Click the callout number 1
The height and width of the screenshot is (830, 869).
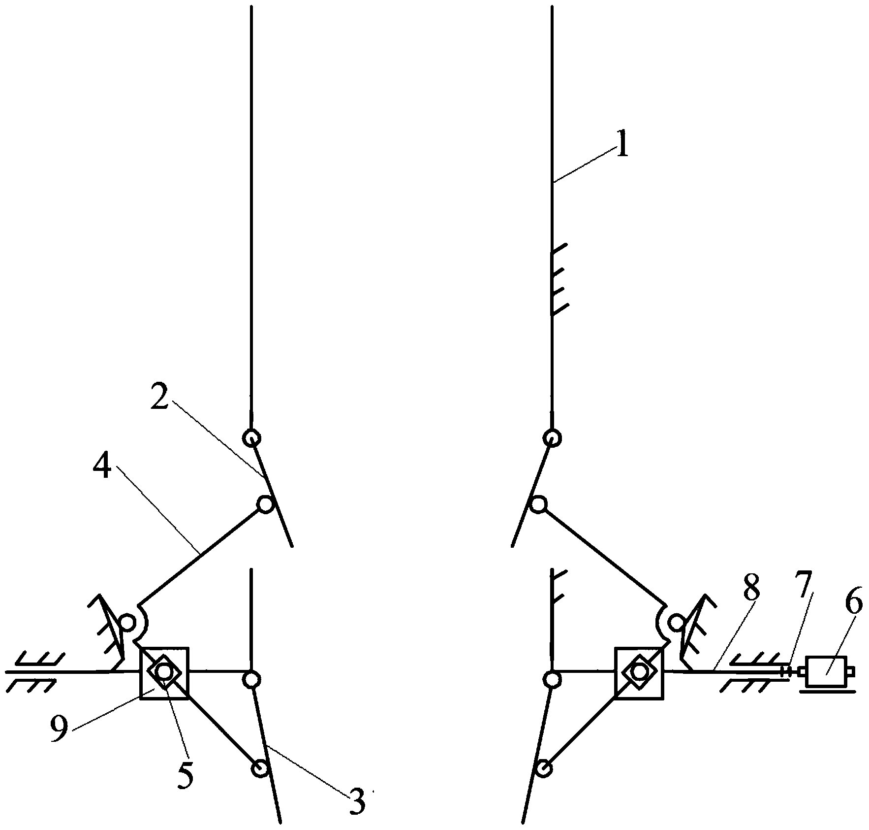click(x=622, y=146)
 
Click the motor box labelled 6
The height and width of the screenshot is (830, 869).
click(x=826, y=671)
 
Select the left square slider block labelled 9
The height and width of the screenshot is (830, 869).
click(x=164, y=671)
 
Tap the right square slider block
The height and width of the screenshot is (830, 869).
click(x=639, y=672)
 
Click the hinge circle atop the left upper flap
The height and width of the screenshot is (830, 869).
click(x=251, y=437)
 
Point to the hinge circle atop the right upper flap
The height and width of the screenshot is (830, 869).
click(x=553, y=437)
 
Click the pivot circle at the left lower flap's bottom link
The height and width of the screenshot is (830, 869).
click(x=259, y=767)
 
